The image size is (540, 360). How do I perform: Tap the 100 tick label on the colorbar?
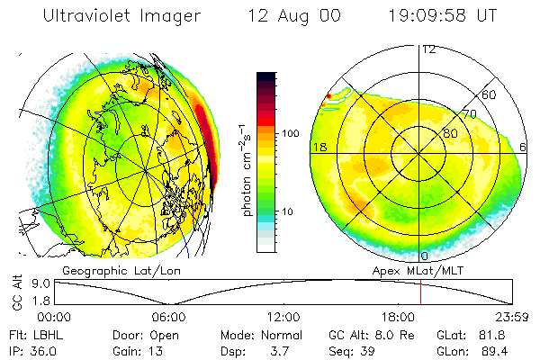coord(290,133)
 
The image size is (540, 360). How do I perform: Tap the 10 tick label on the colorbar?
coord(288,211)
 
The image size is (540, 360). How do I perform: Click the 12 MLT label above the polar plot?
coord(429,49)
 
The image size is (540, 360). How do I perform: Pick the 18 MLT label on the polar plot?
coord(318,146)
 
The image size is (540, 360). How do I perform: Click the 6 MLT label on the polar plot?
coord(524,146)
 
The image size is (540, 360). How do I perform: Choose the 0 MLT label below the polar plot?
coord(424,256)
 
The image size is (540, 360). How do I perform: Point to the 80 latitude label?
coord(451,134)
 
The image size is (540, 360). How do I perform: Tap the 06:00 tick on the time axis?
coord(168,317)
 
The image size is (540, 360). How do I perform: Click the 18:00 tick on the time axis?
coord(398,317)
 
